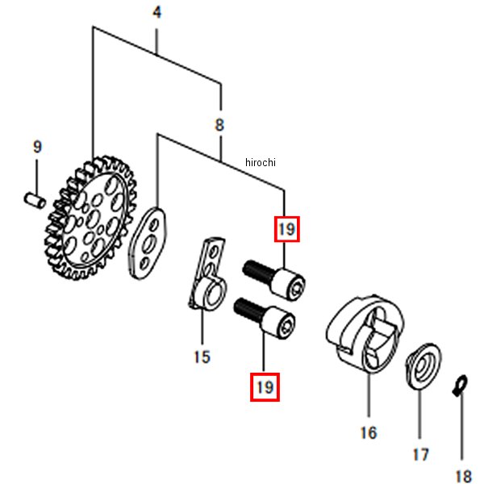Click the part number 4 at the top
[157, 13]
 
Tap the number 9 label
[36, 147]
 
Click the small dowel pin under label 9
[33, 197]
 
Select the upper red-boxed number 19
[287, 229]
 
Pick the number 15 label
[202, 356]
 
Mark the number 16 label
[368, 433]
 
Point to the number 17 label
[421, 455]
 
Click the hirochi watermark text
[261, 163]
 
